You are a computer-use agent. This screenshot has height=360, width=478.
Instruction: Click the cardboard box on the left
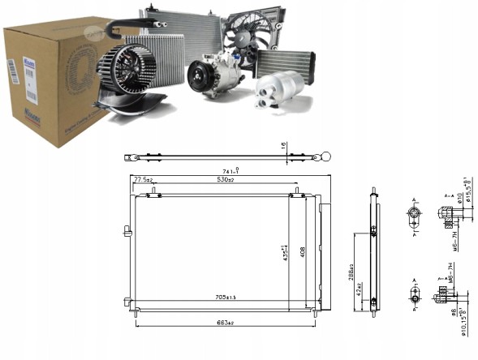(x=49, y=89)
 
